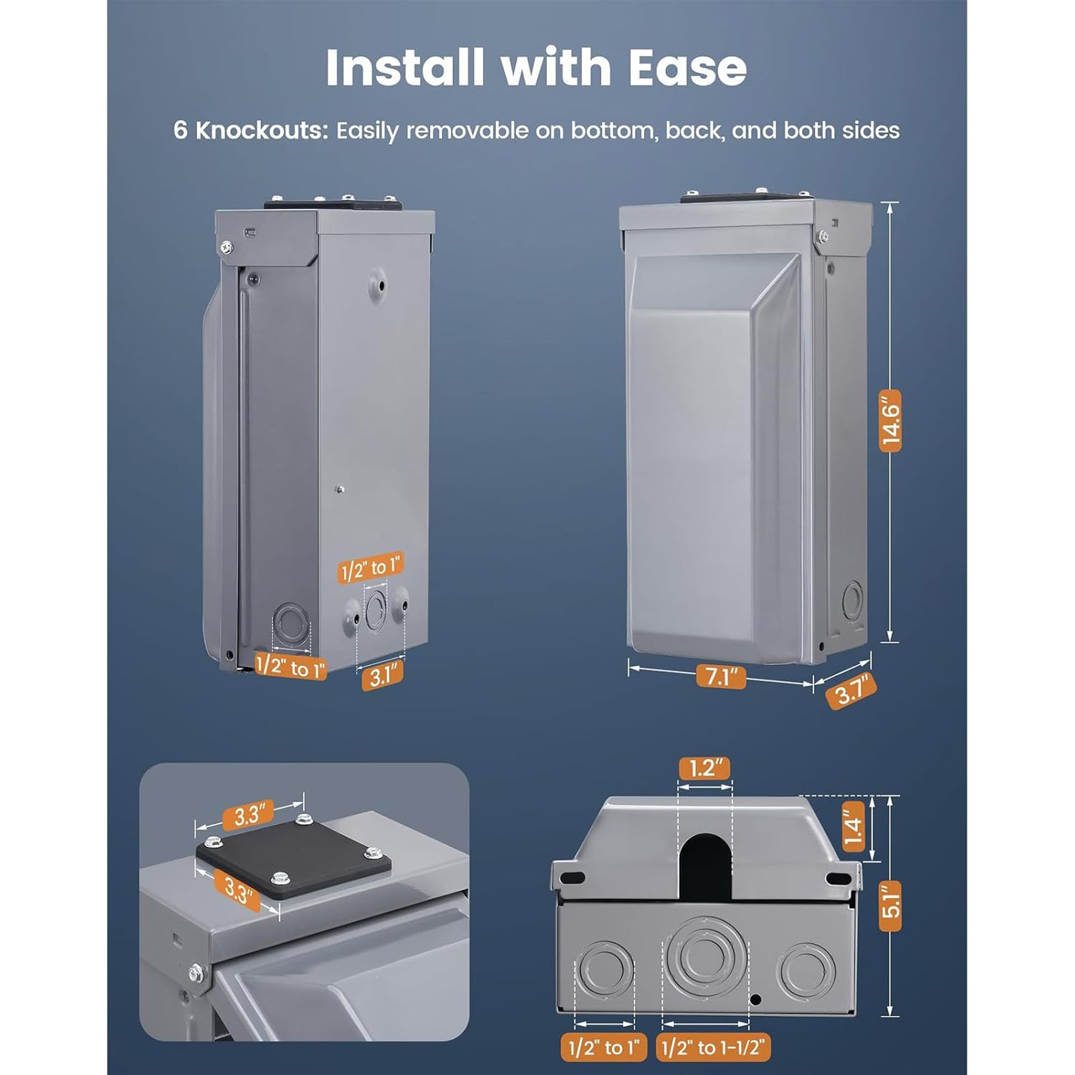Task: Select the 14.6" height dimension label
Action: coord(890,421)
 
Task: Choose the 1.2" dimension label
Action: coord(705,768)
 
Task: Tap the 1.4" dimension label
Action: coord(853,827)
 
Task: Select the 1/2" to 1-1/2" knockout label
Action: coord(714,1048)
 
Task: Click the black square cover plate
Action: coord(294,859)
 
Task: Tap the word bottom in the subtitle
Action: coord(613,130)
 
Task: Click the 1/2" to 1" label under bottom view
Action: coord(603,1048)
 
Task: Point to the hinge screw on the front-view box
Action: coord(823,234)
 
